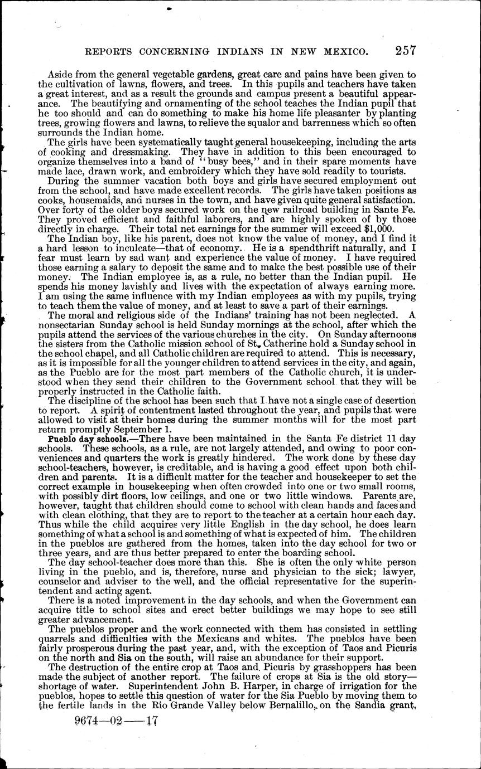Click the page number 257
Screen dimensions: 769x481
[405, 51]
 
